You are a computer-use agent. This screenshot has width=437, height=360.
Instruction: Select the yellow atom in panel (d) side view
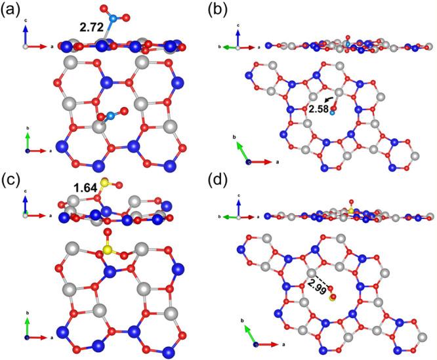pos(351,212)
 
